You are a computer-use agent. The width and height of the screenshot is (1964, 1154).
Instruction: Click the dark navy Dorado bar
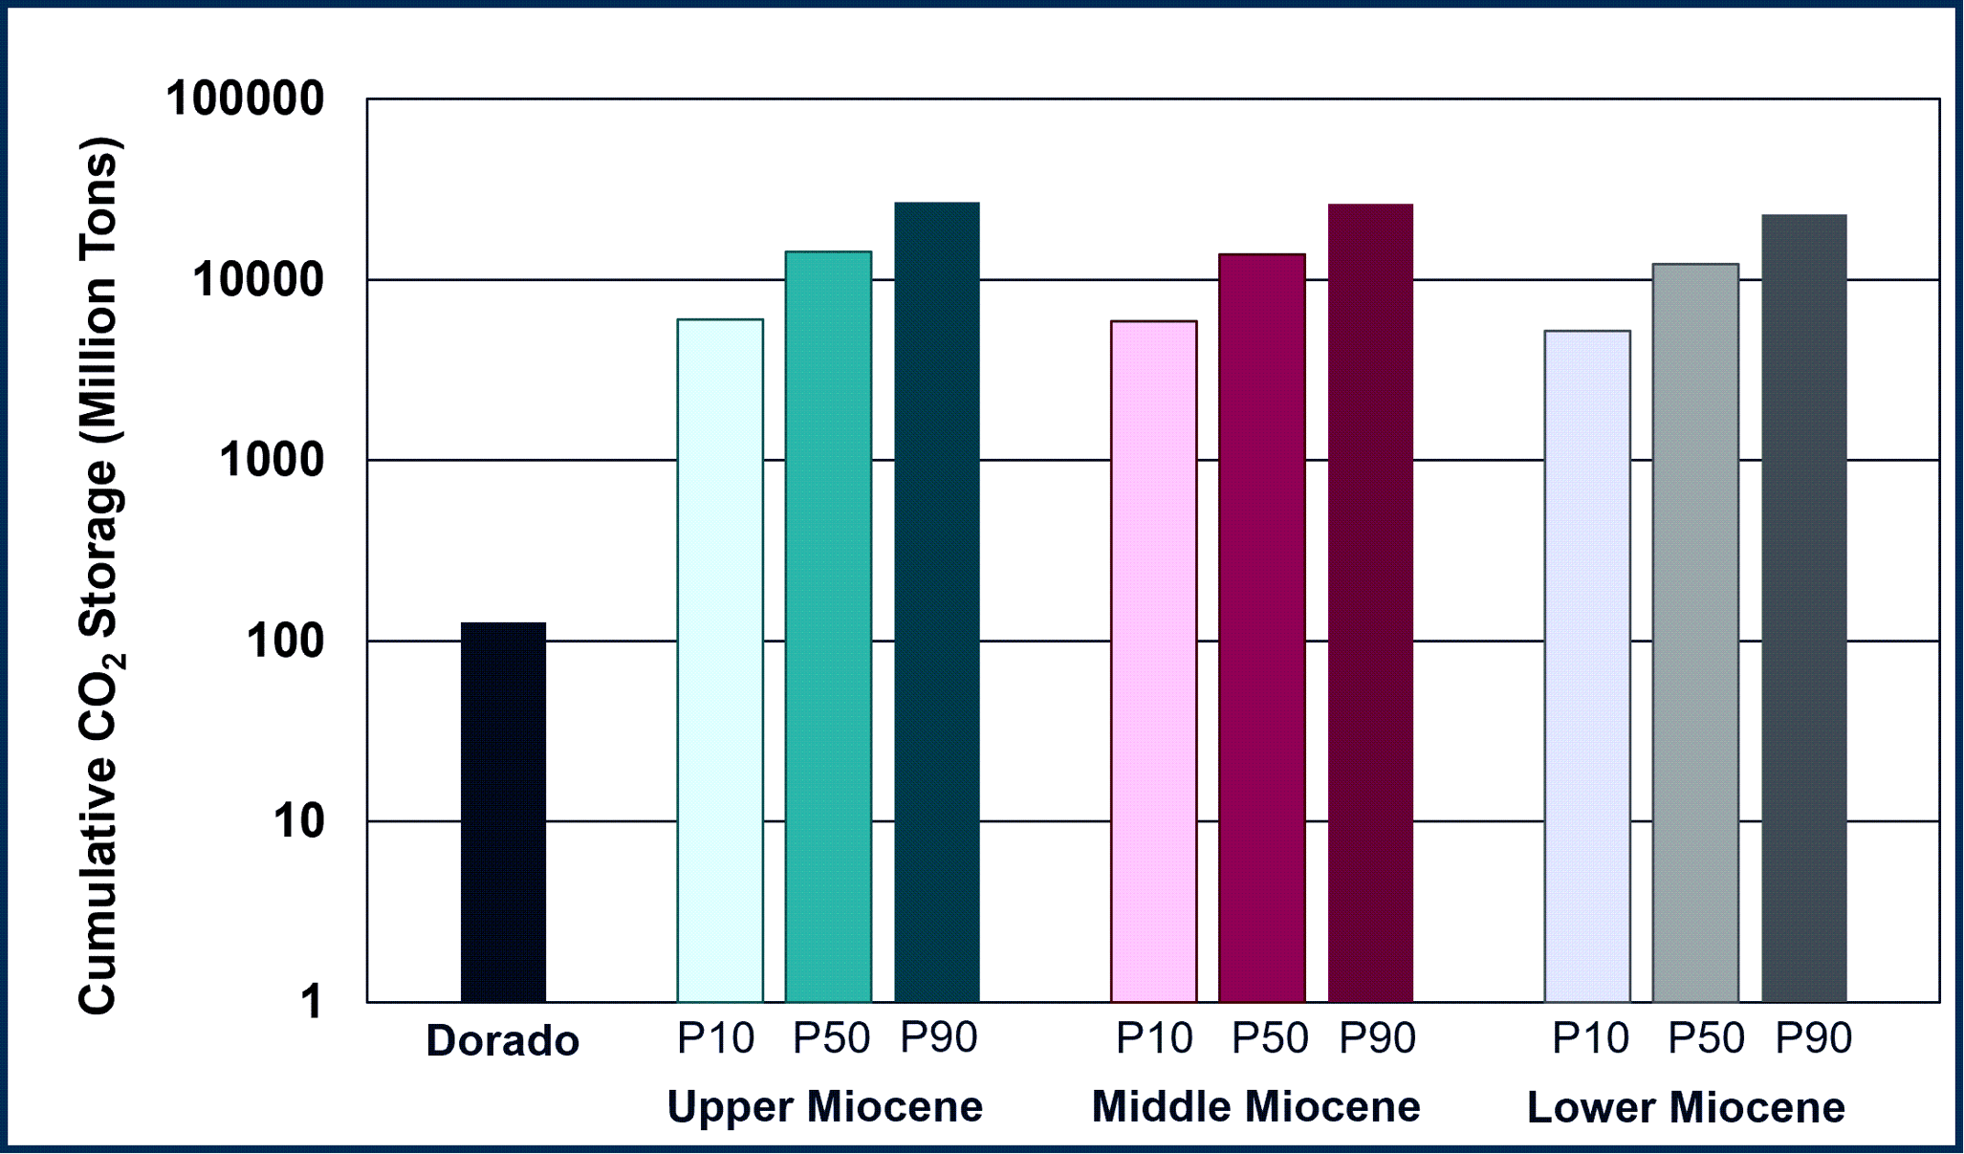coord(503,813)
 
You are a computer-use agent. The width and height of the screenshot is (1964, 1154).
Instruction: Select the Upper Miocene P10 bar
coord(720,660)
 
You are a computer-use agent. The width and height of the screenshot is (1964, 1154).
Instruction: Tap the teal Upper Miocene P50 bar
coord(828,626)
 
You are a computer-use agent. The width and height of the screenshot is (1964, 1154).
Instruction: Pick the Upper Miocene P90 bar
coord(937,602)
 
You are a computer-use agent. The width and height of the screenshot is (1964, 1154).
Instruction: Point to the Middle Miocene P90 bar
coord(1370,603)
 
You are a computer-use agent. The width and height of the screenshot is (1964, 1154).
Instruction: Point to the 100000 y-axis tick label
coord(246,99)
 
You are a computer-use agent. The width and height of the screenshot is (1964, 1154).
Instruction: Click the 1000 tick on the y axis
coord(273,461)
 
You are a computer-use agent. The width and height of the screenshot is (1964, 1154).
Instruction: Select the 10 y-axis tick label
coord(299,821)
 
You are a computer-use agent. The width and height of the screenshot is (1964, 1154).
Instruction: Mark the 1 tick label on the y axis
coord(312,1002)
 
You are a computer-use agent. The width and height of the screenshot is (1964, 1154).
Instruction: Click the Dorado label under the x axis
coord(503,1041)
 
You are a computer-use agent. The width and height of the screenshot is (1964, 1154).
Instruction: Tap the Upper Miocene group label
coord(824,1107)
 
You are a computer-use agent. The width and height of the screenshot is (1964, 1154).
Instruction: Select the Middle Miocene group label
coord(1255,1107)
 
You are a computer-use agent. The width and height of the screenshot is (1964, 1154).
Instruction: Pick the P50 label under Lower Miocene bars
coord(1707,1038)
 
